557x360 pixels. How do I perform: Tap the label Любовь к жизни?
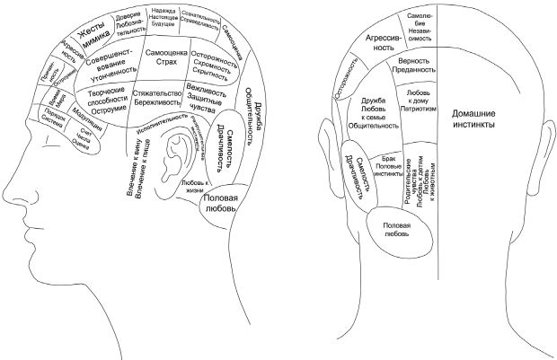click(x=194, y=187)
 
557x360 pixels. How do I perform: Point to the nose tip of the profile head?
click(x=4, y=197)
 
